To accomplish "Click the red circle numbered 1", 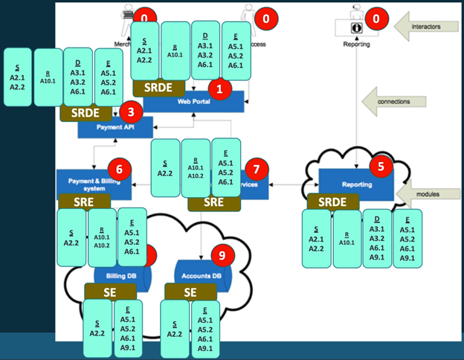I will tap(219, 88).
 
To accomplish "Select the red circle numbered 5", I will tap(381, 167).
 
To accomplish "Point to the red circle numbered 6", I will tap(119, 168).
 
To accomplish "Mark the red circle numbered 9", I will tap(222, 256).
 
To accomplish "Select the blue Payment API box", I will tap(110, 128).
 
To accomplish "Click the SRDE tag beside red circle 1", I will tap(158, 88).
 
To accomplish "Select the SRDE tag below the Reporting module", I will tap(332, 202).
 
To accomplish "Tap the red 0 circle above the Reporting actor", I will tap(378, 17).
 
